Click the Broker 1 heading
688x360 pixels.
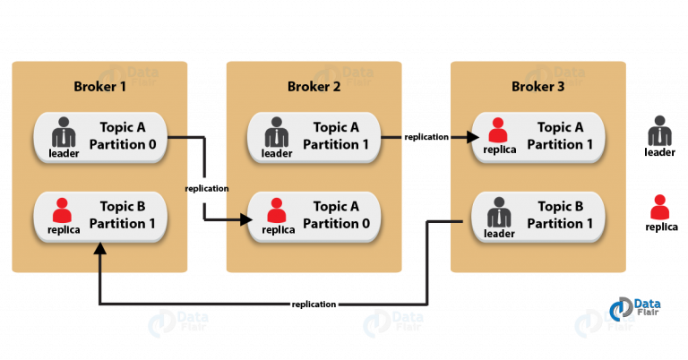(x=99, y=86)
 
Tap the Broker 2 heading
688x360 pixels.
(x=314, y=86)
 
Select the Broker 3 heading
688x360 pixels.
(x=537, y=86)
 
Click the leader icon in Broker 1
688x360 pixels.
(x=64, y=132)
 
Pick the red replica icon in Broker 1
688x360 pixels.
(x=62, y=210)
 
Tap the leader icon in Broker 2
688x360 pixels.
(x=277, y=132)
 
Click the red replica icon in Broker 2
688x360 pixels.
(x=277, y=210)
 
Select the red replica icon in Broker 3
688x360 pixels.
(x=497, y=130)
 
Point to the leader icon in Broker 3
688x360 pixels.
(x=499, y=212)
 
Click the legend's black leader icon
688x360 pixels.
(x=659, y=131)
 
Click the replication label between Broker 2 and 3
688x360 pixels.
(x=426, y=137)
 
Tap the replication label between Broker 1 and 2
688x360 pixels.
(x=207, y=189)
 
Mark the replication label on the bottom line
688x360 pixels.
(x=314, y=304)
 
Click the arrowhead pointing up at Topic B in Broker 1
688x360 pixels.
(x=100, y=248)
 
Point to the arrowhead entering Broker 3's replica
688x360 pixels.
(x=473, y=137)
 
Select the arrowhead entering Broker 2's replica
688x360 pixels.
(x=246, y=219)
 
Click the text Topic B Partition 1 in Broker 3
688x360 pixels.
(x=560, y=215)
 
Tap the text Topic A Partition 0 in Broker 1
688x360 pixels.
(x=123, y=136)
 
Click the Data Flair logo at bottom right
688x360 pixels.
(x=635, y=308)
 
